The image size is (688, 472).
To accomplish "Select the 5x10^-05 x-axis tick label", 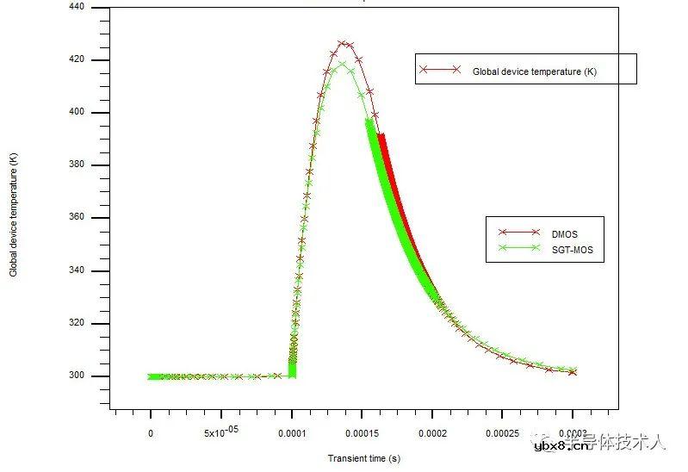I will pos(221,432).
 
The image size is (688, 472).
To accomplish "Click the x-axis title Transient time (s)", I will pos(363,458).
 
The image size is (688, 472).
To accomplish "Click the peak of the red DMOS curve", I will pos(344,42).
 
